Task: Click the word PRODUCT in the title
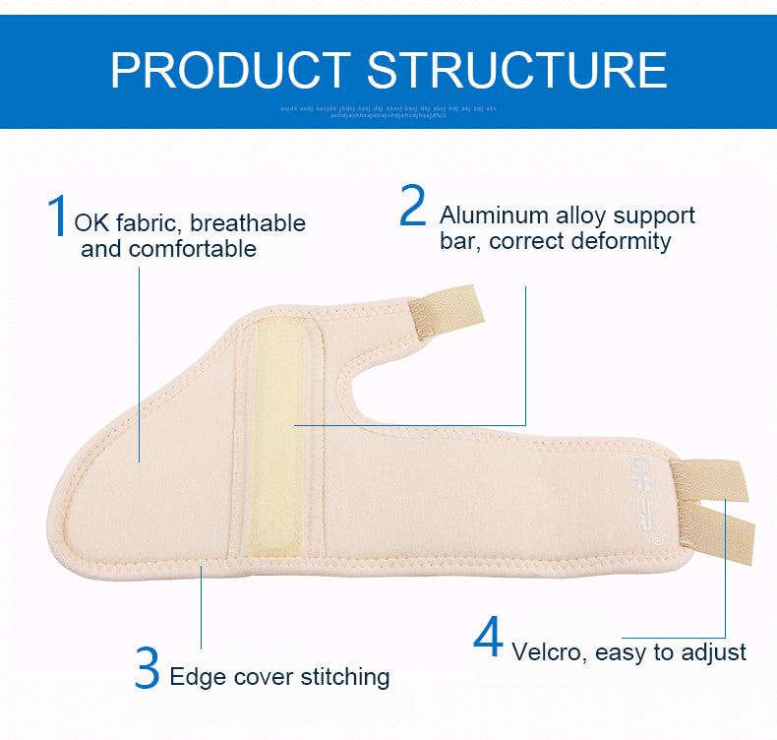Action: coord(229,70)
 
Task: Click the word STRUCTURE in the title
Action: coord(516,70)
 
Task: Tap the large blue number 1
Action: coord(58,216)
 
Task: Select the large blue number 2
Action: coord(413,206)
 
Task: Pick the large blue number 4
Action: coord(488,638)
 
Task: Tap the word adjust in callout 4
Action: coord(713,651)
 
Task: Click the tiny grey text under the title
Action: coord(388,110)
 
